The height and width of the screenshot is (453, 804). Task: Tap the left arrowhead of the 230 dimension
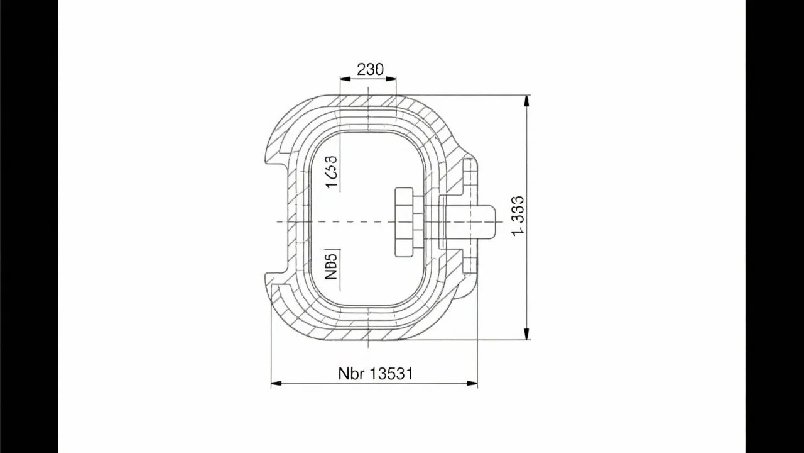point(344,79)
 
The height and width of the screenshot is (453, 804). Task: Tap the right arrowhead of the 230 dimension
point(393,79)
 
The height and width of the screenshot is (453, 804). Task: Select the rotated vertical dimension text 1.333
point(518,216)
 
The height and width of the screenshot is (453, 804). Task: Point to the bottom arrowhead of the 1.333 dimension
point(526,335)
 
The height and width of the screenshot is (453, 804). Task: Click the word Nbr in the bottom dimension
point(351,373)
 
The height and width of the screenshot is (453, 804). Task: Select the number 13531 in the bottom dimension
point(391,373)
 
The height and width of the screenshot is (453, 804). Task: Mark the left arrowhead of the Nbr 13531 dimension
point(276,383)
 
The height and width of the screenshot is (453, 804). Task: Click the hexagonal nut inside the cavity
point(404,221)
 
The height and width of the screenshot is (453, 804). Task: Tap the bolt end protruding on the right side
point(484,221)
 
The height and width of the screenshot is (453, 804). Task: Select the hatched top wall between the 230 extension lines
point(368,103)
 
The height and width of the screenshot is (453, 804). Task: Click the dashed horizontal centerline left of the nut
point(339,221)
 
